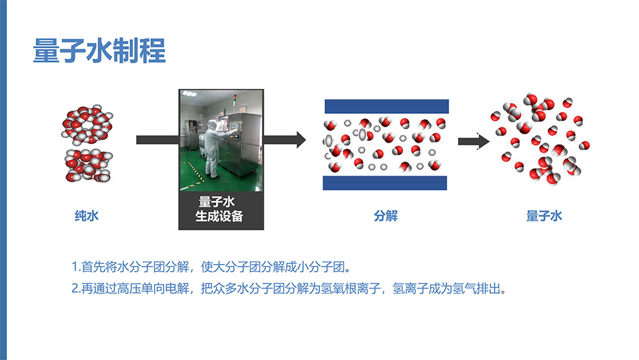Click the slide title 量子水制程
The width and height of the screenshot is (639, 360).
pos(99,52)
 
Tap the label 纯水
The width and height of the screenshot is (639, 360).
pos(87,216)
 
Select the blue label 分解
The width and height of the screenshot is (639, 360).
pos(385,216)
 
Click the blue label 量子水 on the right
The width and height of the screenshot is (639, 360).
pos(544,216)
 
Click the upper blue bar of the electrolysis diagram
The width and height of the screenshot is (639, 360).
pos(386,106)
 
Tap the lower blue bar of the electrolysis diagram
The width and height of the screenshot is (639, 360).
pos(386,183)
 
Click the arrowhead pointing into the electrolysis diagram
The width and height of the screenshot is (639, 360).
pos(298,139)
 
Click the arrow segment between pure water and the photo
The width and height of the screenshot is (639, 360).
pos(157,139)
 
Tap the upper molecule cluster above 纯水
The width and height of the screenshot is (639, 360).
pos(88,121)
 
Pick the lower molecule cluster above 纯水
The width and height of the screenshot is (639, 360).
pos(88,164)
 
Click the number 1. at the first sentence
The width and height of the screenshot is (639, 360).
pos(75,266)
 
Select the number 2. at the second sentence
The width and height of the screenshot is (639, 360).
pos(75,288)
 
